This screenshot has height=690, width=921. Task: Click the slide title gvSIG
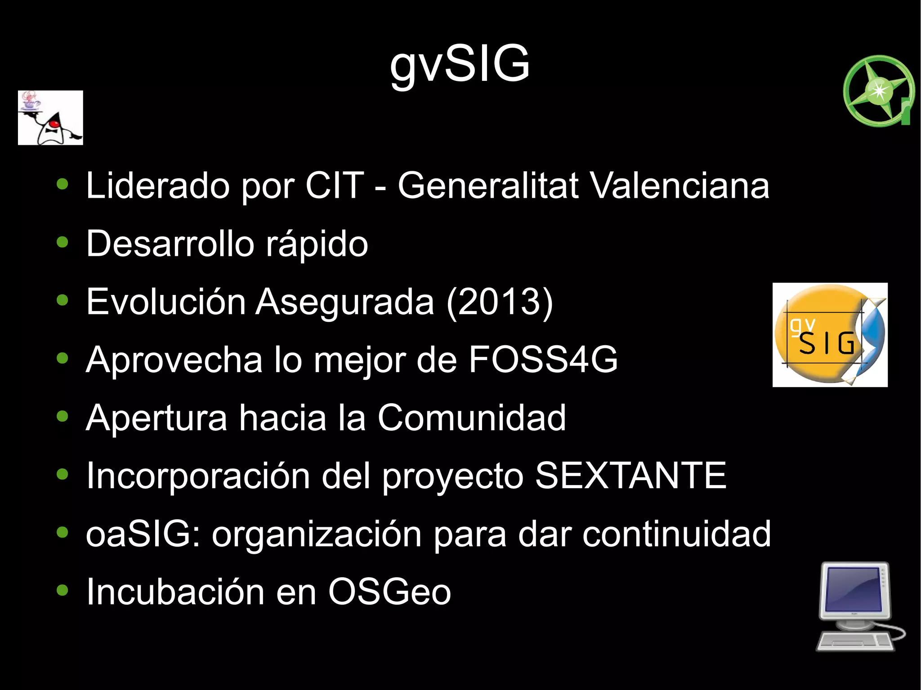tap(460, 65)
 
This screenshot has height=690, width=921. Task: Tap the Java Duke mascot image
tap(50, 118)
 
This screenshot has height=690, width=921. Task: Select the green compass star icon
tap(878, 91)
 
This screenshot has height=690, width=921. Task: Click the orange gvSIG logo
tap(830, 335)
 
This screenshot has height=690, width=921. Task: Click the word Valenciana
tap(680, 186)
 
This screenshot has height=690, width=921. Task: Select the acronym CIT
tap(334, 186)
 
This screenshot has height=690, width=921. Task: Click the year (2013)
tap(500, 302)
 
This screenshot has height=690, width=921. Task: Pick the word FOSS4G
tap(543, 360)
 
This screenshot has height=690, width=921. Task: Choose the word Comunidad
tap(472, 418)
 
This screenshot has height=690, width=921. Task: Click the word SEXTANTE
tap(630, 476)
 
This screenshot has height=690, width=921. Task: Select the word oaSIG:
tap(143, 534)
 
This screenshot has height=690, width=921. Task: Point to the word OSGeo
tap(389, 592)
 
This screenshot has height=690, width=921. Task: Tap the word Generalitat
tap(488, 186)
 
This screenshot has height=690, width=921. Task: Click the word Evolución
tap(166, 302)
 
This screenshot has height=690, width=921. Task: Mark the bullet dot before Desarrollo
tap(63, 243)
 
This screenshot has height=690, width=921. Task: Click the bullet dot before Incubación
tap(63, 590)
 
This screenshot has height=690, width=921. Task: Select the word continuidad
tap(677, 534)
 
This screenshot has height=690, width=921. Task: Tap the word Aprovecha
tap(174, 360)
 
